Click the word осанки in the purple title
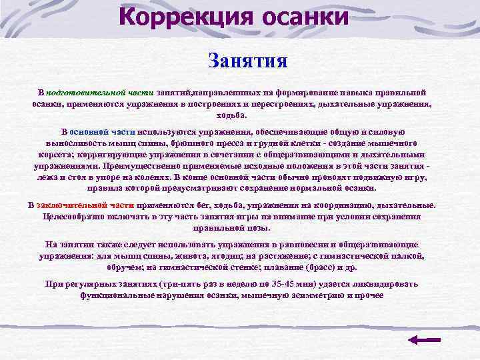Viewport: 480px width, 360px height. coord(304,16)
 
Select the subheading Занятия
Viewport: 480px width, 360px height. coord(248,62)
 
